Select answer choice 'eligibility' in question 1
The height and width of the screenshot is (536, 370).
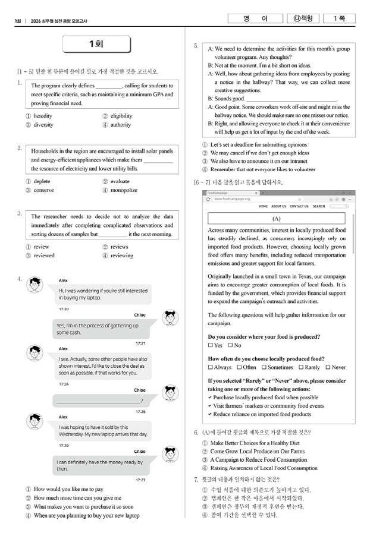click(x=121, y=116)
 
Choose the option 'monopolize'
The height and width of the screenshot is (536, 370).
click(x=123, y=190)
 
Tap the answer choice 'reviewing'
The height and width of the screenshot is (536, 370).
click(x=121, y=256)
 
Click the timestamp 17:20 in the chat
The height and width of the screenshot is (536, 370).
click(x=64, y=309)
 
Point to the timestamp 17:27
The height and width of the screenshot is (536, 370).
click(x=140, y=480)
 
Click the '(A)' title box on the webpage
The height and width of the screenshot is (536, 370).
click(x=276, y=219)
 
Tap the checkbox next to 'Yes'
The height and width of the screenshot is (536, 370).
click(x=210, y=345)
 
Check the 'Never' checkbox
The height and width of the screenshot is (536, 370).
click(x=327, y=367)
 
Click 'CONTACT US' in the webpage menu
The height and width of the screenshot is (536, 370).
click(x=299, y=206)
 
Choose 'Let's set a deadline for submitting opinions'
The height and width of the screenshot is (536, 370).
click(x=259, y=144)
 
